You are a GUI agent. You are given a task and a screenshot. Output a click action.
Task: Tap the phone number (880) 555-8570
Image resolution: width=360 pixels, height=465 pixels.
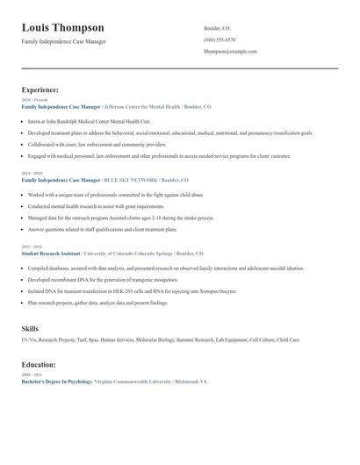(220, 39)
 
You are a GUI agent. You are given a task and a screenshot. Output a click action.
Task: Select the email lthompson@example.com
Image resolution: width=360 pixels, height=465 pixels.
(230, 52)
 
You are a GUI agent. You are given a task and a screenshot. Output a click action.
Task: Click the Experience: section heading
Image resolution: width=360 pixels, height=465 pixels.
(40, 89)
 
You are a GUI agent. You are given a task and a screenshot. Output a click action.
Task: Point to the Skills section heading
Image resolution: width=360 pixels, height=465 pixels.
(30, 328)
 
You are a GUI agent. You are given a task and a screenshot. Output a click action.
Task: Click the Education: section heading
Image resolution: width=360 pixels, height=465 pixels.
(39, 364)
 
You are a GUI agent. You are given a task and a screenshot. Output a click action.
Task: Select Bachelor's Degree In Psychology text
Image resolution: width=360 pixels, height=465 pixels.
(56, 383)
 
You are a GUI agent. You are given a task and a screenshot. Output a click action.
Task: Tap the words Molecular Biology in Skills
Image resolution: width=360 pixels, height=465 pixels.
(150, 340)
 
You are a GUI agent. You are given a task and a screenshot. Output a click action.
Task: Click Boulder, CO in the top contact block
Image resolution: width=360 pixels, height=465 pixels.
(217, 28)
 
